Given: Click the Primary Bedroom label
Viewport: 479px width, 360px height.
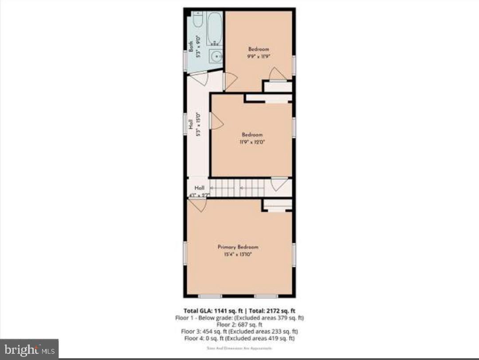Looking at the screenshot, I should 238,247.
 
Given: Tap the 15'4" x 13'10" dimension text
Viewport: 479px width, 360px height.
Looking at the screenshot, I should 238,254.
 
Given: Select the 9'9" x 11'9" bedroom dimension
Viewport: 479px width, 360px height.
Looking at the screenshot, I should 259,57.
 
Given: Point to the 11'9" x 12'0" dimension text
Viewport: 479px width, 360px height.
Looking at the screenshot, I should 252,142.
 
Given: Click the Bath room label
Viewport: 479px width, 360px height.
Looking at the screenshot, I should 191,47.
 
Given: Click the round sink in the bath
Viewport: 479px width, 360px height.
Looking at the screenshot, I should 216,56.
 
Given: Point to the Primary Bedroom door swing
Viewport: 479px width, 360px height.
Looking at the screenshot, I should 198,205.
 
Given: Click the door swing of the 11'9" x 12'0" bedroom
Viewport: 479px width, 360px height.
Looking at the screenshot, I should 216,121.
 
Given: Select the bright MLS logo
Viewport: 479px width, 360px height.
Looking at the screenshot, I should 29,349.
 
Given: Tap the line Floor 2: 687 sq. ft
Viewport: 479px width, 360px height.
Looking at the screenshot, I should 239,324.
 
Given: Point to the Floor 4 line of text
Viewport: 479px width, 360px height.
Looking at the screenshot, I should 239,338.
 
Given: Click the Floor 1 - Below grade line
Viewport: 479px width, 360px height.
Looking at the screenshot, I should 239,317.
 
